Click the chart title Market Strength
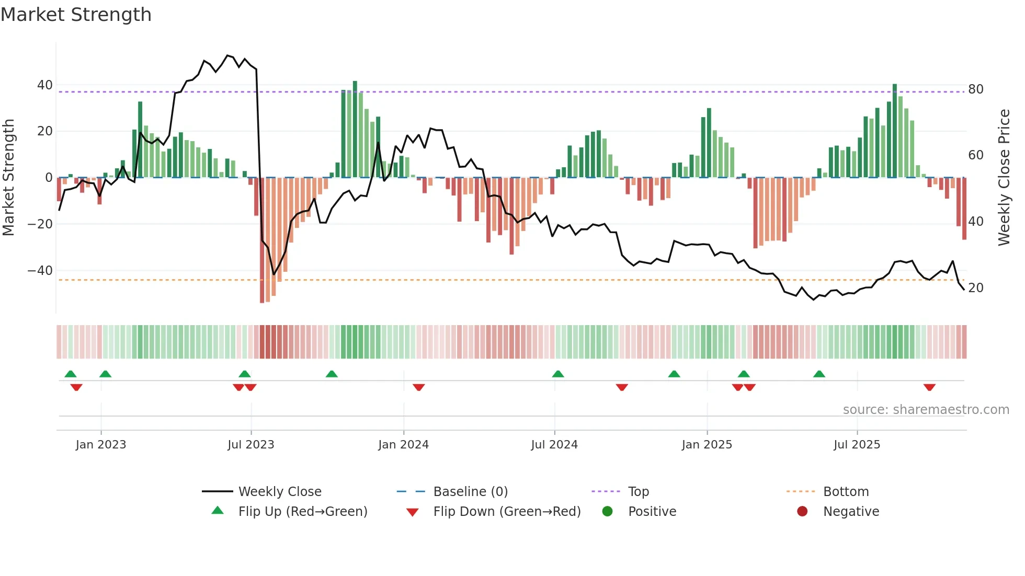[76, 15]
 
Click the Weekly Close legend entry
[279, 492]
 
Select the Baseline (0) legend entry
[470, 492]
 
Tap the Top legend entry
[638, 492]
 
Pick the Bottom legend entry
[846, 492]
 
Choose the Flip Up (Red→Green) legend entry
[302, 512]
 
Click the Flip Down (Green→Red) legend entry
[506, 512]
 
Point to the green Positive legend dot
[607, 511]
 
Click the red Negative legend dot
[802, 511]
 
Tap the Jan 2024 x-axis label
[403, 445]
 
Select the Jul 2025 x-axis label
[857, 445]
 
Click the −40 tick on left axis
[40, 271]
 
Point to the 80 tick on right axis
[975, 89]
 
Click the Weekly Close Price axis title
[1004, 178]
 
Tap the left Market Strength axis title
[9, 178]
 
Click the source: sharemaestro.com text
[926, 410]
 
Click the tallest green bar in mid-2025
[894, 131]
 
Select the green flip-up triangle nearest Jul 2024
[558, 374]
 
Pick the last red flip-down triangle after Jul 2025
[929, 387]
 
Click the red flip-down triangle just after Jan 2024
[418, 387]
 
